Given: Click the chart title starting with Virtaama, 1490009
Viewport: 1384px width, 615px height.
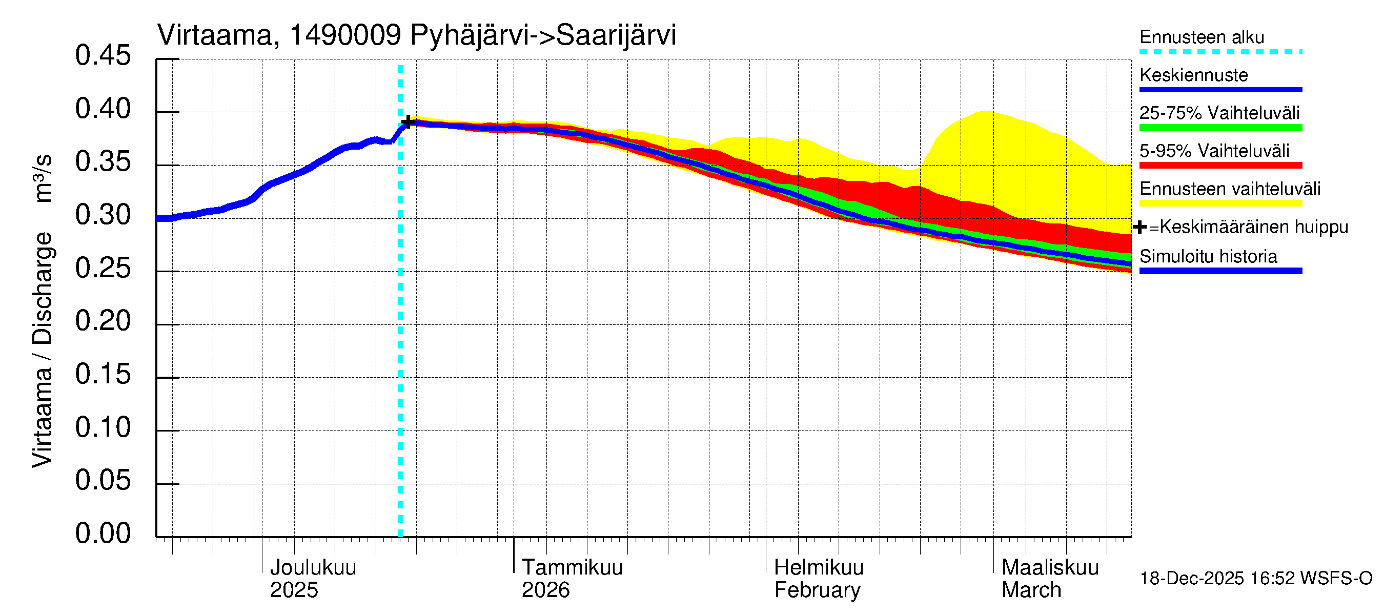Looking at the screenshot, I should click(x=416, y=35).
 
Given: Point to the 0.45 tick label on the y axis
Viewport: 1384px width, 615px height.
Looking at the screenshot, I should click(x=103, y=56).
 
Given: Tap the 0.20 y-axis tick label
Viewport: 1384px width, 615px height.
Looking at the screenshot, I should click(x=103, y=321).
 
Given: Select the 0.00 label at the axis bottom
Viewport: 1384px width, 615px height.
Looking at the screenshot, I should click(x=103, y=534).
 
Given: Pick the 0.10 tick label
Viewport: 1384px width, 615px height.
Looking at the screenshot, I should click(x=103, y=427).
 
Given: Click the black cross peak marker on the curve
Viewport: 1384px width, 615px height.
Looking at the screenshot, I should click(x=408, y=122).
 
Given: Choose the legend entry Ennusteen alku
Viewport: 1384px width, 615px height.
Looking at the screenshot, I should click(x=1202, y=37).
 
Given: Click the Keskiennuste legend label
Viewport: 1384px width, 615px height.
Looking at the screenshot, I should click(x=1193, y=75).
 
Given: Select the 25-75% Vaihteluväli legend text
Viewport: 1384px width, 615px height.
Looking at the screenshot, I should click(x=1219, y=113).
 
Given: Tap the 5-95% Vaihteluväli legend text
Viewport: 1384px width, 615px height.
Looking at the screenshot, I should click(x=1214, y=151).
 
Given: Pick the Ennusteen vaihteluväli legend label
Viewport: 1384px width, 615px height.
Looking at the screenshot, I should click(x=1230, y=189).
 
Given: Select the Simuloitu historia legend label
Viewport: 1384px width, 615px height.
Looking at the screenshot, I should click(x=1208, y=257).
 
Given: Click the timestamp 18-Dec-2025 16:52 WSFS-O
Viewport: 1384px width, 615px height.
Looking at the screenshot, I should click(x=1255, y=579).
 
